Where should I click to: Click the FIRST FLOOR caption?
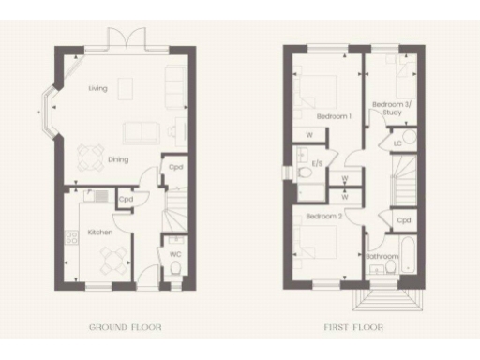pyautogui.click(x=354, y=327)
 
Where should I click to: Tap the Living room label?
pyautogui.click(x=97, y=89)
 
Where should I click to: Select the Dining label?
pyautogui.click(x=117, y=159)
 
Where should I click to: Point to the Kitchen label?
pyautogui.click(x=100, y=230)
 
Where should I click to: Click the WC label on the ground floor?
pyautogui.click(x=174, y=253)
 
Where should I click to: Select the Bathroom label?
pyautogui.click(x=382, y=255)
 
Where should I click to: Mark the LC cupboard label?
pyautogui.click(x=398, y=143)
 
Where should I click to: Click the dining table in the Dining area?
pyautogui.click(x=91, y=154)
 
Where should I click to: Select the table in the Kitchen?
pyautogui.click(x=112, y=256)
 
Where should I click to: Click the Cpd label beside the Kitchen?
pyautogui.click(x=125, y=199)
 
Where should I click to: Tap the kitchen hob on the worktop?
pyautogui.click(x=71, y=240)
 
